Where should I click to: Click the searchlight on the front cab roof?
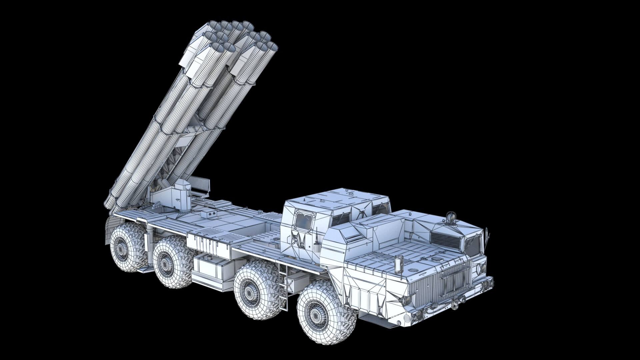coord(451,217)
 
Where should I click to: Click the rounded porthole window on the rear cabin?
coord(304,221)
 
